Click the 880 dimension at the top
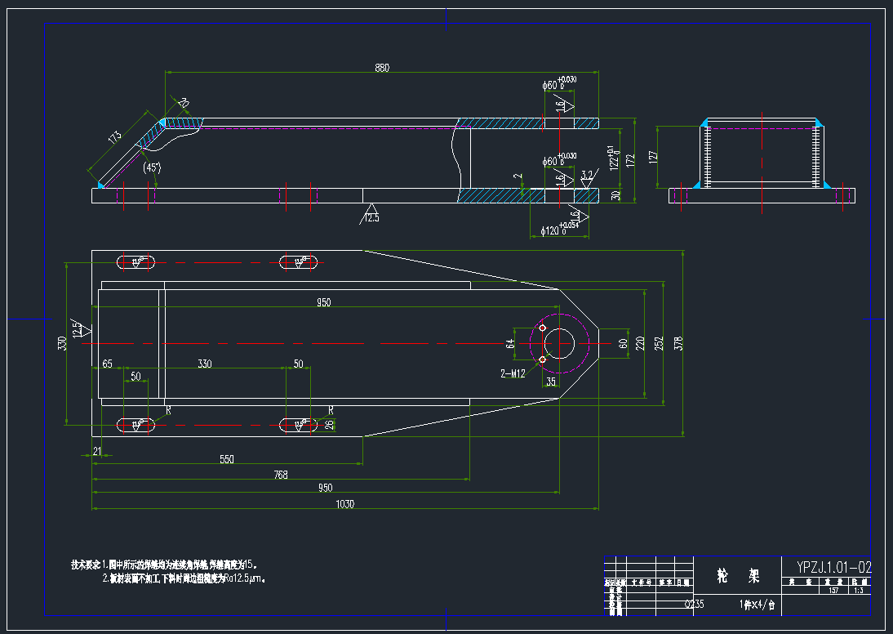click(382, 68)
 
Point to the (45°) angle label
click(152, 167)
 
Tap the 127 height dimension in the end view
click(653, 156)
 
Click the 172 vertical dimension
click(629, 160)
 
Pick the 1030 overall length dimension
click(344, 504)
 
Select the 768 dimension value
click(281, 474)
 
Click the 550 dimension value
click(227, 459)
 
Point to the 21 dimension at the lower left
click(97, 451)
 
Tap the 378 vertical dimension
click(678, 343)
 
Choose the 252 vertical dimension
click(659, 344)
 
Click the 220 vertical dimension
click(640, 343)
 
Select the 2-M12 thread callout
click(513, 373)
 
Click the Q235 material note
click(693, 605)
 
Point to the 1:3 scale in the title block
click(859, 589)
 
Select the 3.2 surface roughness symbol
click(587, 176)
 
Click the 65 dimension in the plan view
click(107, 364)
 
